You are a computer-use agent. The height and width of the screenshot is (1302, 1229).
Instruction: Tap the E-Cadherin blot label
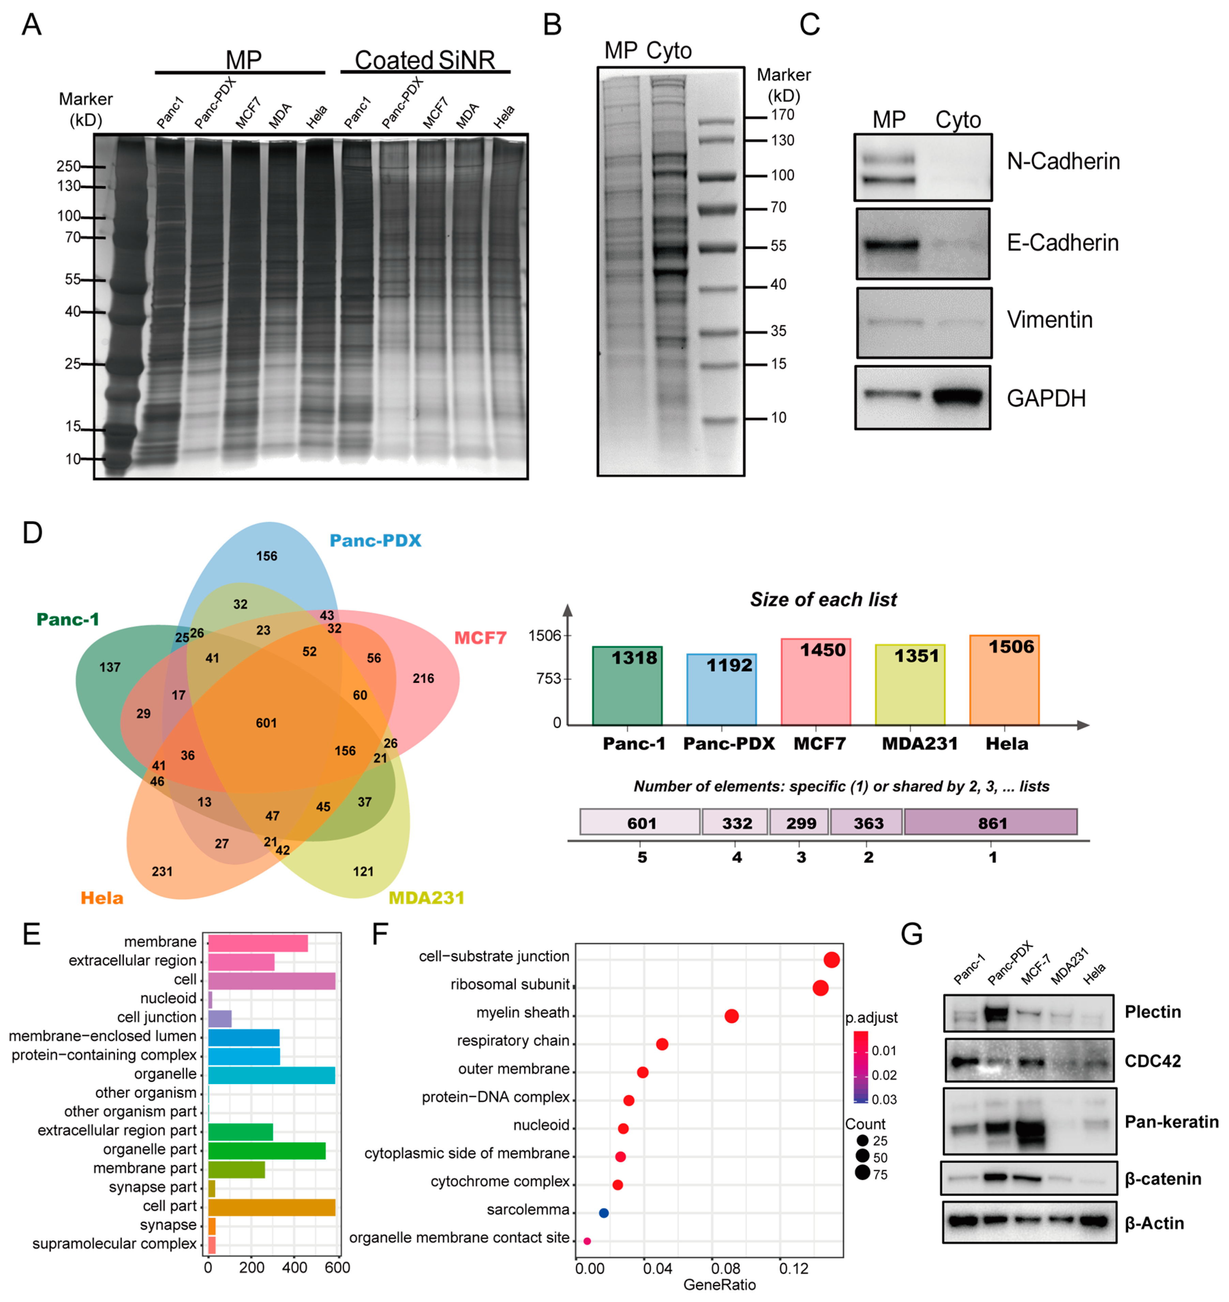click(1062, 243)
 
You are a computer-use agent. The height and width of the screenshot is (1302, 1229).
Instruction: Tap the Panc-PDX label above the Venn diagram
click(375, 541)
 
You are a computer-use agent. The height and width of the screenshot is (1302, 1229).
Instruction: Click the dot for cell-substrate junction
click(831, 960)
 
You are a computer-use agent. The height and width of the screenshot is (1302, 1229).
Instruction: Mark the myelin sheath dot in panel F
click(732, 1016)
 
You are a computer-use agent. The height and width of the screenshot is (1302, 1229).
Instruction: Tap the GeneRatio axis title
click(719, 1285)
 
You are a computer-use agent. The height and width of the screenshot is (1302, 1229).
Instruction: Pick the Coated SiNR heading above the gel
click(425, 60)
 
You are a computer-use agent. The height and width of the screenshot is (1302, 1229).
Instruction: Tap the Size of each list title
click(823, 600)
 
